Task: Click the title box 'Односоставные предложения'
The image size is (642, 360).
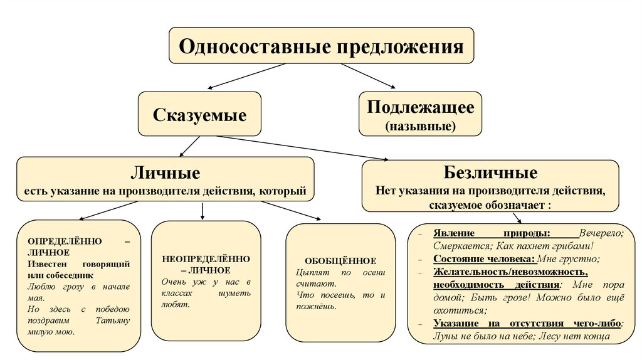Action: point(322,46)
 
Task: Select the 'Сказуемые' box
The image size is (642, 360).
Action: point(199,115)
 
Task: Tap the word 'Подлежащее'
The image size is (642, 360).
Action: point(420,107)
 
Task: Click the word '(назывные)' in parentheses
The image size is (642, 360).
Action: point(420,126)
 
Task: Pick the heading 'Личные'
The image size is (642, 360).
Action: point(165,172)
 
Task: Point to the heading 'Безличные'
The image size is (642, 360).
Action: point(490,172)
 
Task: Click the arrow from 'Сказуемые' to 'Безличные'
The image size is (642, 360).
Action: point(301,148)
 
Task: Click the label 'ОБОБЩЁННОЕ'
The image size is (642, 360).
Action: point(340,260)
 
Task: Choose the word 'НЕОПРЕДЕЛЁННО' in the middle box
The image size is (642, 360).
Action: point(206,258)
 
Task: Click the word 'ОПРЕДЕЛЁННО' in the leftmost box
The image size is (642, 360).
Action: point(60,241)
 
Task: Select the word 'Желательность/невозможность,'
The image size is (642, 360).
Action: point(510,272)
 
